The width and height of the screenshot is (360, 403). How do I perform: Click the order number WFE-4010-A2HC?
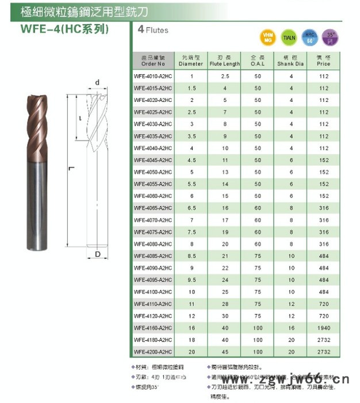tap(152, 76)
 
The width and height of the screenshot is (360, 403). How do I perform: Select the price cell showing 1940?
tap(323, 327)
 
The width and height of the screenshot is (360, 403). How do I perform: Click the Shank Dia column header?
tap(290, 61)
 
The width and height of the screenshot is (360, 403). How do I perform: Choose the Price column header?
tap(323, 61)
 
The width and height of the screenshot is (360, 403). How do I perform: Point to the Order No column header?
tap(152, 61)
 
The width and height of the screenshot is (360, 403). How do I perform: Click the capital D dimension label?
tap(98, 253)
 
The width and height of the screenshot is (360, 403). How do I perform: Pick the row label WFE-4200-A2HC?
tap(152, 351)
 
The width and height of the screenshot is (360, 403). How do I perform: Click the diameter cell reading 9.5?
tap(192, 280)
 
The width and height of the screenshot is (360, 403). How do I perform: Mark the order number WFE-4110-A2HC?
tap(152, 303)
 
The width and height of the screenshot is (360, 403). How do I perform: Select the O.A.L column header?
tap(257, 61)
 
